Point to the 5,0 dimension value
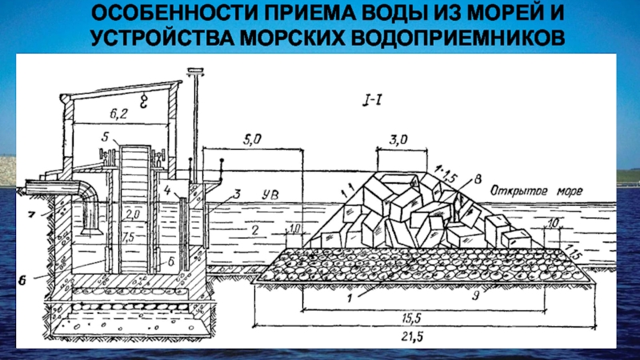point(252,139)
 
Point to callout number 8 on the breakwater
point(477,178)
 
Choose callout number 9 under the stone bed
point(473,294)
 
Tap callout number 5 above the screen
point(104,138)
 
